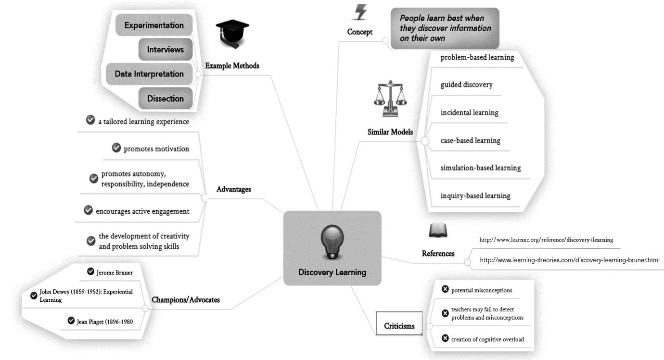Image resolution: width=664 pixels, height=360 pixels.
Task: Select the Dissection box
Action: coord(166,99)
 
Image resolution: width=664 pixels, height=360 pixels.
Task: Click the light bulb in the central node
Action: coord(332,243)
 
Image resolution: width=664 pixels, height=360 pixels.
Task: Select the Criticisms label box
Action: coord(399,326)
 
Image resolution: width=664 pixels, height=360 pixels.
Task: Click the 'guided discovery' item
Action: coord(466,85)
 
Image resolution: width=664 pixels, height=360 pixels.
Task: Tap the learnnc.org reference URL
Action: coord(546,239)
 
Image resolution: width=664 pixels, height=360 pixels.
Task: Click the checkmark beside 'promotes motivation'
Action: coord(116,148)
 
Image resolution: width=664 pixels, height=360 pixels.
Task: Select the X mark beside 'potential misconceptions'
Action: coord(445,290)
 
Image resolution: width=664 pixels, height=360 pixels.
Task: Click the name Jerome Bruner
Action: coord(114,272)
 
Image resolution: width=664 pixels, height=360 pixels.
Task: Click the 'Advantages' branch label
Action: coord(234,190)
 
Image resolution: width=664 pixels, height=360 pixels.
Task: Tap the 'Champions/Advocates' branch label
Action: coord(186,300)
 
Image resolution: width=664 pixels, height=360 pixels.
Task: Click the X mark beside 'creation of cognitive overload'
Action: coord(445,339)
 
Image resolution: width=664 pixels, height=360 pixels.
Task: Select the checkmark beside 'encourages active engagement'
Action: coord(88,210)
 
